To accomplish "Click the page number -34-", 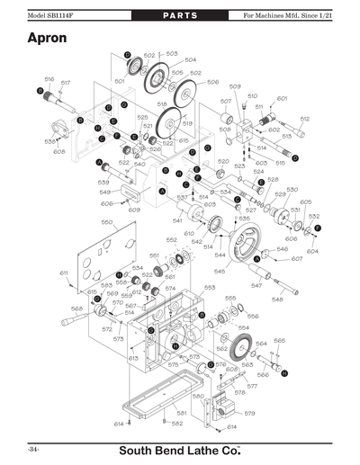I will point(32,447).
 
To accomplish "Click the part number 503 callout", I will point(172,54).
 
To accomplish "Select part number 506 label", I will point(213,82).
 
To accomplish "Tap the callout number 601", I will point(282,98).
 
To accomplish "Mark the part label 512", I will point(304,119).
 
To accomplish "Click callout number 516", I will point(49,79).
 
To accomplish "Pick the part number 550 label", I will point(106,221).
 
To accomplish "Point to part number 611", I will point(64,272).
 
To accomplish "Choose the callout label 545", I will point(219,271).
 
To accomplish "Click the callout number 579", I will point(249,413).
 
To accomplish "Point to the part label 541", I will point(177,220).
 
